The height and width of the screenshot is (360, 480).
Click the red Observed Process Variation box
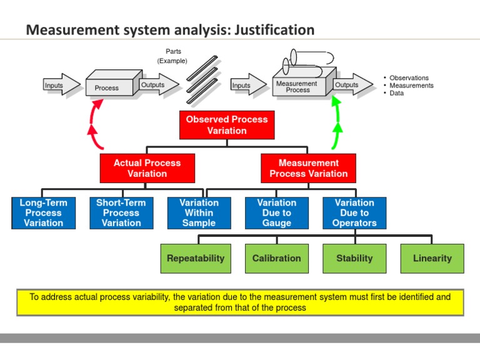pyautogui.click(x=226, y=125)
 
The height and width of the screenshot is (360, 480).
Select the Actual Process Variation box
pyautogui.click(x=147, y=168)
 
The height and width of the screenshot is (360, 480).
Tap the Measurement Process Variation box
pyautogui.click(x=308, y=168)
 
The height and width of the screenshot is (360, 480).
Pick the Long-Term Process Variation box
pyautogui.click(x=44, y=213)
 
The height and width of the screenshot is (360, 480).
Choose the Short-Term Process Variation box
pyautogui.click(x=121, y=213)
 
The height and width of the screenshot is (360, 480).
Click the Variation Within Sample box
pyautogui.click(x=199, y=213)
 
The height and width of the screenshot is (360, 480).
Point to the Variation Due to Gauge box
pyautogui.click(x=277, y=213)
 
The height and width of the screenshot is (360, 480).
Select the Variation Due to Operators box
pyautogui.click(x=354, y=213)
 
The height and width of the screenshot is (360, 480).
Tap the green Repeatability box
pyautogui.click(x=196, y=258)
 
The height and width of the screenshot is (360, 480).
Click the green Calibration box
pyautogui.click(x=276, y=258)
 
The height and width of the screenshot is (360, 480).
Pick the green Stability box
pyautogui.click(x=354, y=258)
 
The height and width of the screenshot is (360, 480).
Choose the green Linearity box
pyautogui.click(x=432, y=258)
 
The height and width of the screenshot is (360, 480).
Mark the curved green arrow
pyautogui.click(x=337, y=125)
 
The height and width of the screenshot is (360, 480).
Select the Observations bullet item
pyautogui.click(x=409, y=78)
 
